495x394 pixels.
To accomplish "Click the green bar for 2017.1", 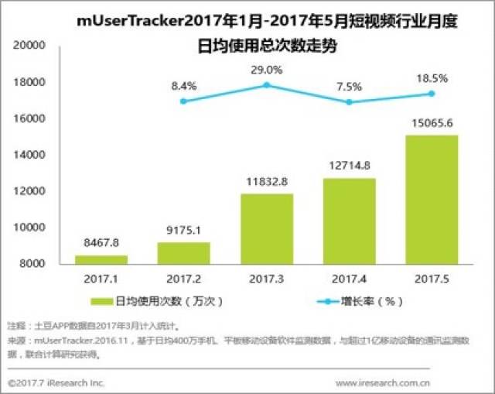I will click(101, 259).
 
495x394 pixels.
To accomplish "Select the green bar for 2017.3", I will click(266, 228).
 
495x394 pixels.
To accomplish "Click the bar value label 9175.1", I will click(183, 231).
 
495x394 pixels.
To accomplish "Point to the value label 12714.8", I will click(348, 166).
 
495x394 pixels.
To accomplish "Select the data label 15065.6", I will click(432, 122).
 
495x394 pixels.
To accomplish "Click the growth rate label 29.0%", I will click(266, 70).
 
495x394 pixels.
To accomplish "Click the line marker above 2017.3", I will click(266, 85).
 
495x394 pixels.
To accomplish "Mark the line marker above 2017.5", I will click(432, 94).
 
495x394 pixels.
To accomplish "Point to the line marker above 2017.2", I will click(183, 101).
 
